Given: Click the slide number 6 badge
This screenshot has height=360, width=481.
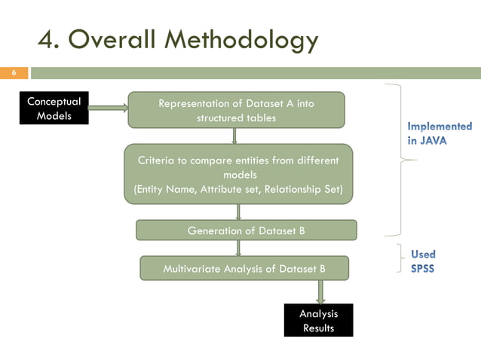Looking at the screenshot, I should [x=13, y=73].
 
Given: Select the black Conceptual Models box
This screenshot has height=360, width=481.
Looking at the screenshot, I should [x=54, y=108].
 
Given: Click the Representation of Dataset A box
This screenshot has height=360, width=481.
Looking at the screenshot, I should [x=235, y=110].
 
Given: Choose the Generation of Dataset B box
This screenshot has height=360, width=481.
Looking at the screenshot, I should [x=246, y=230].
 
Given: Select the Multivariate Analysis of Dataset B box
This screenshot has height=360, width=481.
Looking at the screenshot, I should [x=244, y=267].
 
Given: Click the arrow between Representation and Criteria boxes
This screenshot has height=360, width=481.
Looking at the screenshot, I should [x=235, y=136].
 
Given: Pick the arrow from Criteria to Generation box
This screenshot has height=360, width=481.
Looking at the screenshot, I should [x=238, y=212].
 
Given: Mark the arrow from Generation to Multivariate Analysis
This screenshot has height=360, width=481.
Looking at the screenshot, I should [x=238, y=248].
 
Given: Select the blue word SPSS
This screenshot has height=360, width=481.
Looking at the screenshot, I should [x=422, y=269].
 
